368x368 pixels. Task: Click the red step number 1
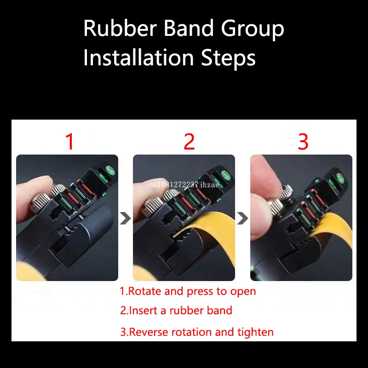[x=69, y=142]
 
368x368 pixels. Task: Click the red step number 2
[x=189, y=142]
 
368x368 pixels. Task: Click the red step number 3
[x=303, y=142]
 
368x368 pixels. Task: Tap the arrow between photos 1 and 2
[x=125, y=218]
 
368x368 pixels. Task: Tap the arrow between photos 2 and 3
[x=242, y=218]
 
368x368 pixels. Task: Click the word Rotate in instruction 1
[x=142, y=291]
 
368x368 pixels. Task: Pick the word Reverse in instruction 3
[x=148, y=332]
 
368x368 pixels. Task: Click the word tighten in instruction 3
[x=256, y=332]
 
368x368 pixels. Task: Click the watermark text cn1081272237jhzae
[x=184, y=185]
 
